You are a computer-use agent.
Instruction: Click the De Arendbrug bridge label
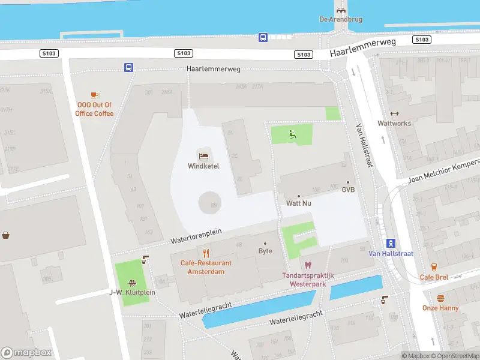pyautogui.click(x=340, y=19)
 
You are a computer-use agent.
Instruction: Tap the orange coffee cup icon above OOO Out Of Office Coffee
pyautogui.click(x=94, y=95)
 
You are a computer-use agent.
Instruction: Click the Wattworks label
pyautogui.click(x=394, y=123)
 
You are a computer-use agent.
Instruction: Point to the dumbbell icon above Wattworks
pyautogui.click(x=394, y=113)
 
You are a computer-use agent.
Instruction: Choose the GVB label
pyautogui.click(x=348, y=190)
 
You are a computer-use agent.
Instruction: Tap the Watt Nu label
pyautogui.click(x=298, y=203)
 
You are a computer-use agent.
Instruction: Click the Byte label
pyautogui.click(x=265, y=251)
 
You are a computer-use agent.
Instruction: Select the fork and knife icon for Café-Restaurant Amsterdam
pyautogui.click(x=206, y=253)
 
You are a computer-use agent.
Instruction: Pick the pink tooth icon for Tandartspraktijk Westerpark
pyautogui.click(x=308, y=265)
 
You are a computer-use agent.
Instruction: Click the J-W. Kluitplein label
pyautogui.click(x=132, y=292)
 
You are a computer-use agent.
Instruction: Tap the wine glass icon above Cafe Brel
pyautogui.click(x=434, y=267)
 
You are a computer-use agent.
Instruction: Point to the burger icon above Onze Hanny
pyautogui.click(x=440, y=298)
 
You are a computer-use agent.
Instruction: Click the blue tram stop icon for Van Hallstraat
pyautogui.click(x=391, y=243)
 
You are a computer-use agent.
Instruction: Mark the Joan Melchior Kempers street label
pyautogui.click(x=443, y=172)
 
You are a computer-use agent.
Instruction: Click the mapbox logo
pyautogui.click(x=26, y=353)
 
